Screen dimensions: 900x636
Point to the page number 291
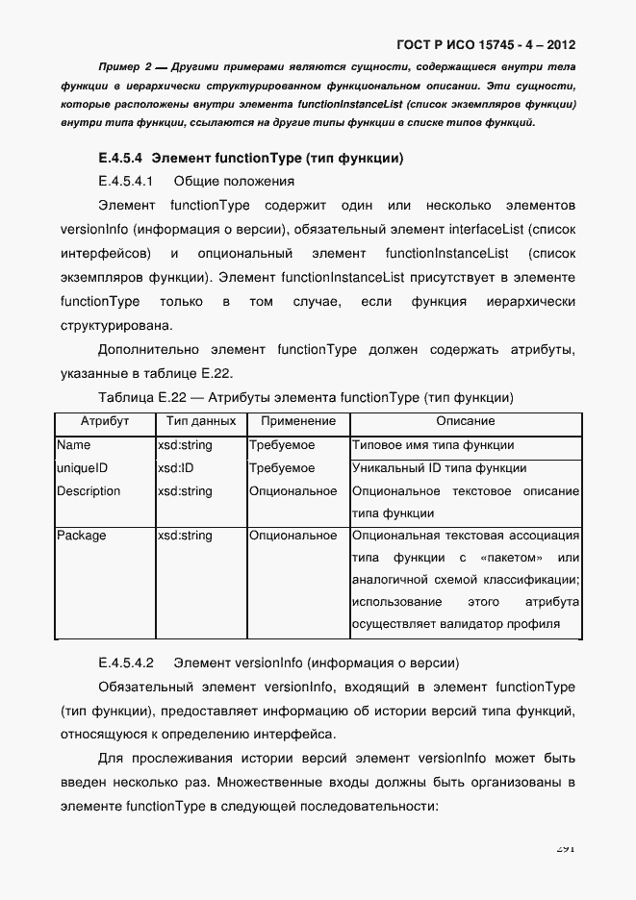point(565,848)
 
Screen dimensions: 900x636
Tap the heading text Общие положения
point(233,181)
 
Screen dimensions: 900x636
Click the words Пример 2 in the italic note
point(125,68)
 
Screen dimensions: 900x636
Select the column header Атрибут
point(104,422)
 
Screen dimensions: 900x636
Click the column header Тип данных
point(200,422)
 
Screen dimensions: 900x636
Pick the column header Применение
point(297,422)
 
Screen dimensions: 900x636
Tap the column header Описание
point(466,422)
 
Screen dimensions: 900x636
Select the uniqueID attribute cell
point(82,468)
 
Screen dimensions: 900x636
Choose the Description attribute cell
point(89,491)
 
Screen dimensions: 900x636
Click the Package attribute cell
point(81,536)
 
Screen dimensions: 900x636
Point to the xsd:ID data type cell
point(175,468)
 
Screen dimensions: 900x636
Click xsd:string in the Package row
point(185,536)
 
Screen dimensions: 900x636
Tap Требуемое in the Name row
point(282,445)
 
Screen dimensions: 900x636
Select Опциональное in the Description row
point(293,491)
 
